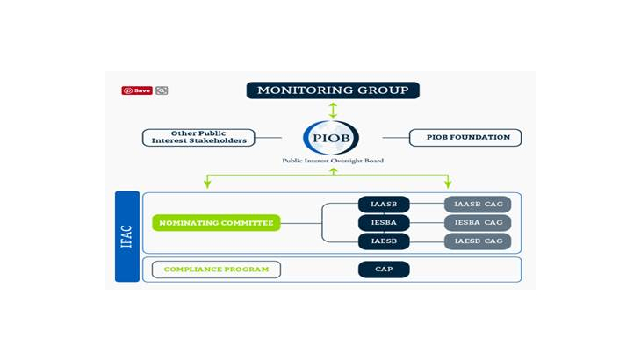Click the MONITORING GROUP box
(x=333, y=90)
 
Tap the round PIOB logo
(x=331, y=138)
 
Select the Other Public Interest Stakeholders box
(x=199, y=138)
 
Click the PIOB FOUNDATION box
(x=465, y=138)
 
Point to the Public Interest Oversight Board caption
(x=332, y=161)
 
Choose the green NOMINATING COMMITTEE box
(x=216, y=223)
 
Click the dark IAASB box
(x=384, y=205)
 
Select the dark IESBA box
(x=384, y=223)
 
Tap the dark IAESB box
(x=384, y=241)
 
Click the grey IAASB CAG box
(x=478, y=205)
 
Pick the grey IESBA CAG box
(x=478, y=223)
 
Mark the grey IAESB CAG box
(x=478, y=241)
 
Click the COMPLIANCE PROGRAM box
(x=216, y=270)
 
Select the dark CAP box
(x=384, y=270)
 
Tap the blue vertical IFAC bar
(x=127, y=236)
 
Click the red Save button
(x=138, y=90)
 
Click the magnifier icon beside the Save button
(x=162, y=90)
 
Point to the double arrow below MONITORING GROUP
(x=332, y=110)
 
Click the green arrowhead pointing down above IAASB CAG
(x=448, y=183)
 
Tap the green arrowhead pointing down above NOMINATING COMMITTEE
(x=207, y=183)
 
